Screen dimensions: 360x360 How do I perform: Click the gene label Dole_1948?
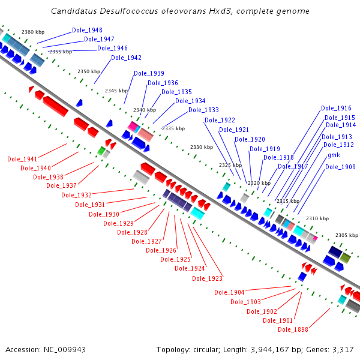pyautogui.click(x=87, y=30)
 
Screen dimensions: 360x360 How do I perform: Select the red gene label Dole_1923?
pyautogui.click(x=208, y=278)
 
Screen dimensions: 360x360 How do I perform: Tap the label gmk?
pyautogui.click(x=334, y=155)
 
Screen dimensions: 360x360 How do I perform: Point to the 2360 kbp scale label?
pyautogui.click(x=33, y=32)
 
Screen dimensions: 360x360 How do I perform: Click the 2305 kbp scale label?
pyautogui.click(x=347, y=235)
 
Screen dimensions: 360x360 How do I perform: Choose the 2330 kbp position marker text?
pyautogui.click(x=202, y=147)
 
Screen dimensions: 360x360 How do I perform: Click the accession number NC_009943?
pyautogui.click(x=65, y=350)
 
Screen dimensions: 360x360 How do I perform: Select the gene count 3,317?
pyautogui.click(x=343, y=350)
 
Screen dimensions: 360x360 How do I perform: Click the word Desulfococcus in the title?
pyautogui.click(x=129, y=11)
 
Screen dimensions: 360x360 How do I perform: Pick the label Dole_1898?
pyautogui.click(x=293, y=329)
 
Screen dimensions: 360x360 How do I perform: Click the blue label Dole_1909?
pyautogui.click(x=340, y=167)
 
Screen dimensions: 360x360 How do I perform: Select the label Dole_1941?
pyautogui.click(x=22, y=159)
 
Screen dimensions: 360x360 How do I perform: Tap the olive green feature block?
pyautogui.click(x=346, y=258)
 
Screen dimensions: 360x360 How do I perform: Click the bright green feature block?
pyautogui.click(x=101, y=151)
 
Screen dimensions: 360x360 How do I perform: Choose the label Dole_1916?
pyautogui.click(x=336, y=108)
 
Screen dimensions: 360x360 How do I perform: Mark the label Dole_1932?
pyautogui.click(x=76, y=195)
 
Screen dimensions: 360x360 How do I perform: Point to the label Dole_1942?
pyautogui.click(x=126, y=58)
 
